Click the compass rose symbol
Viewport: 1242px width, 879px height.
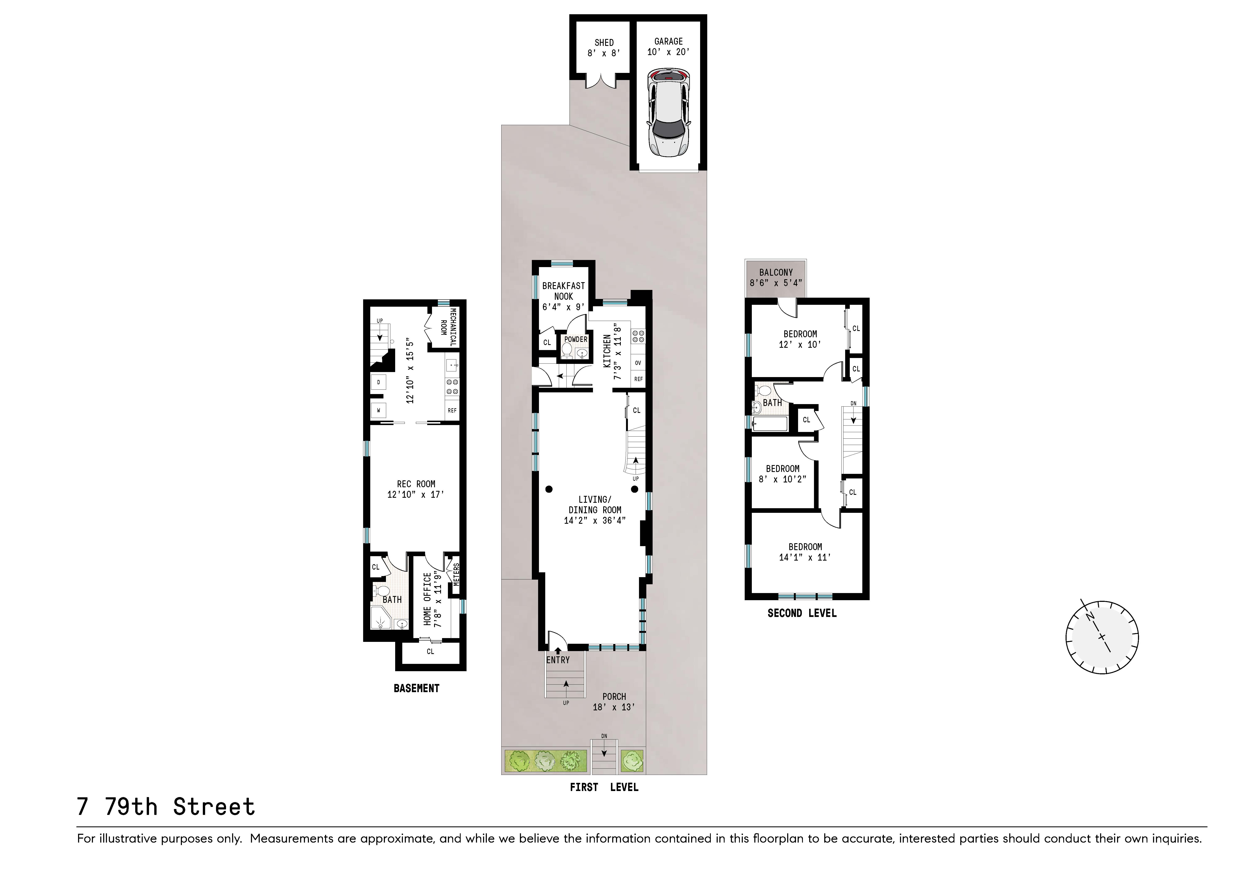pyautogui.click(x=1102, y=637)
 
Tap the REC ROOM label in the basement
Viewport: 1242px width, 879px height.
pyautogui.click(x=415, y=484)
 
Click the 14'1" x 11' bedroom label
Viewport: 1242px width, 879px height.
pyautogui.click(x=805, y=552)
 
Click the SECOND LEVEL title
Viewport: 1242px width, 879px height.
pyautogui.click(x=802, y=613)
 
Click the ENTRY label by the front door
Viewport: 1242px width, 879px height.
pyautogui.click(x=558, y=660)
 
